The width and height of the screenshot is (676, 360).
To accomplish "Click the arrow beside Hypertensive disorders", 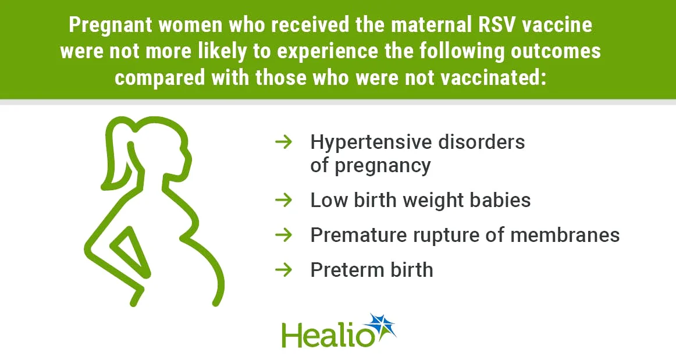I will pos(283,141).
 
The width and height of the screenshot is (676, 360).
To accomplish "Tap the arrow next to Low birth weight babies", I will pos(283,200).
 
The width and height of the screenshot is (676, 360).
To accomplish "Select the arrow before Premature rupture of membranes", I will pos(283,235).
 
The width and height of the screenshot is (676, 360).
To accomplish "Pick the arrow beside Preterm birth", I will pos(283,269).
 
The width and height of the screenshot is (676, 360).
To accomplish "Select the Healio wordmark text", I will pos(323,335).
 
